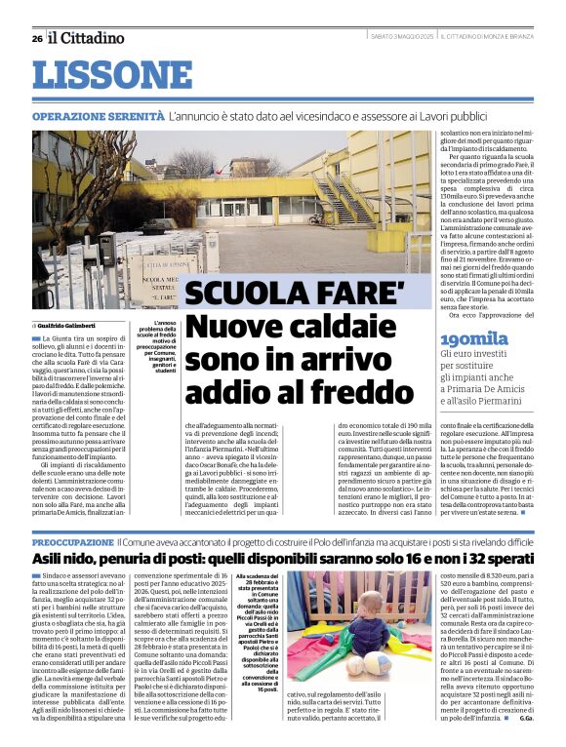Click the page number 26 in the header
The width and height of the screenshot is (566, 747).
click(37, 39)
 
